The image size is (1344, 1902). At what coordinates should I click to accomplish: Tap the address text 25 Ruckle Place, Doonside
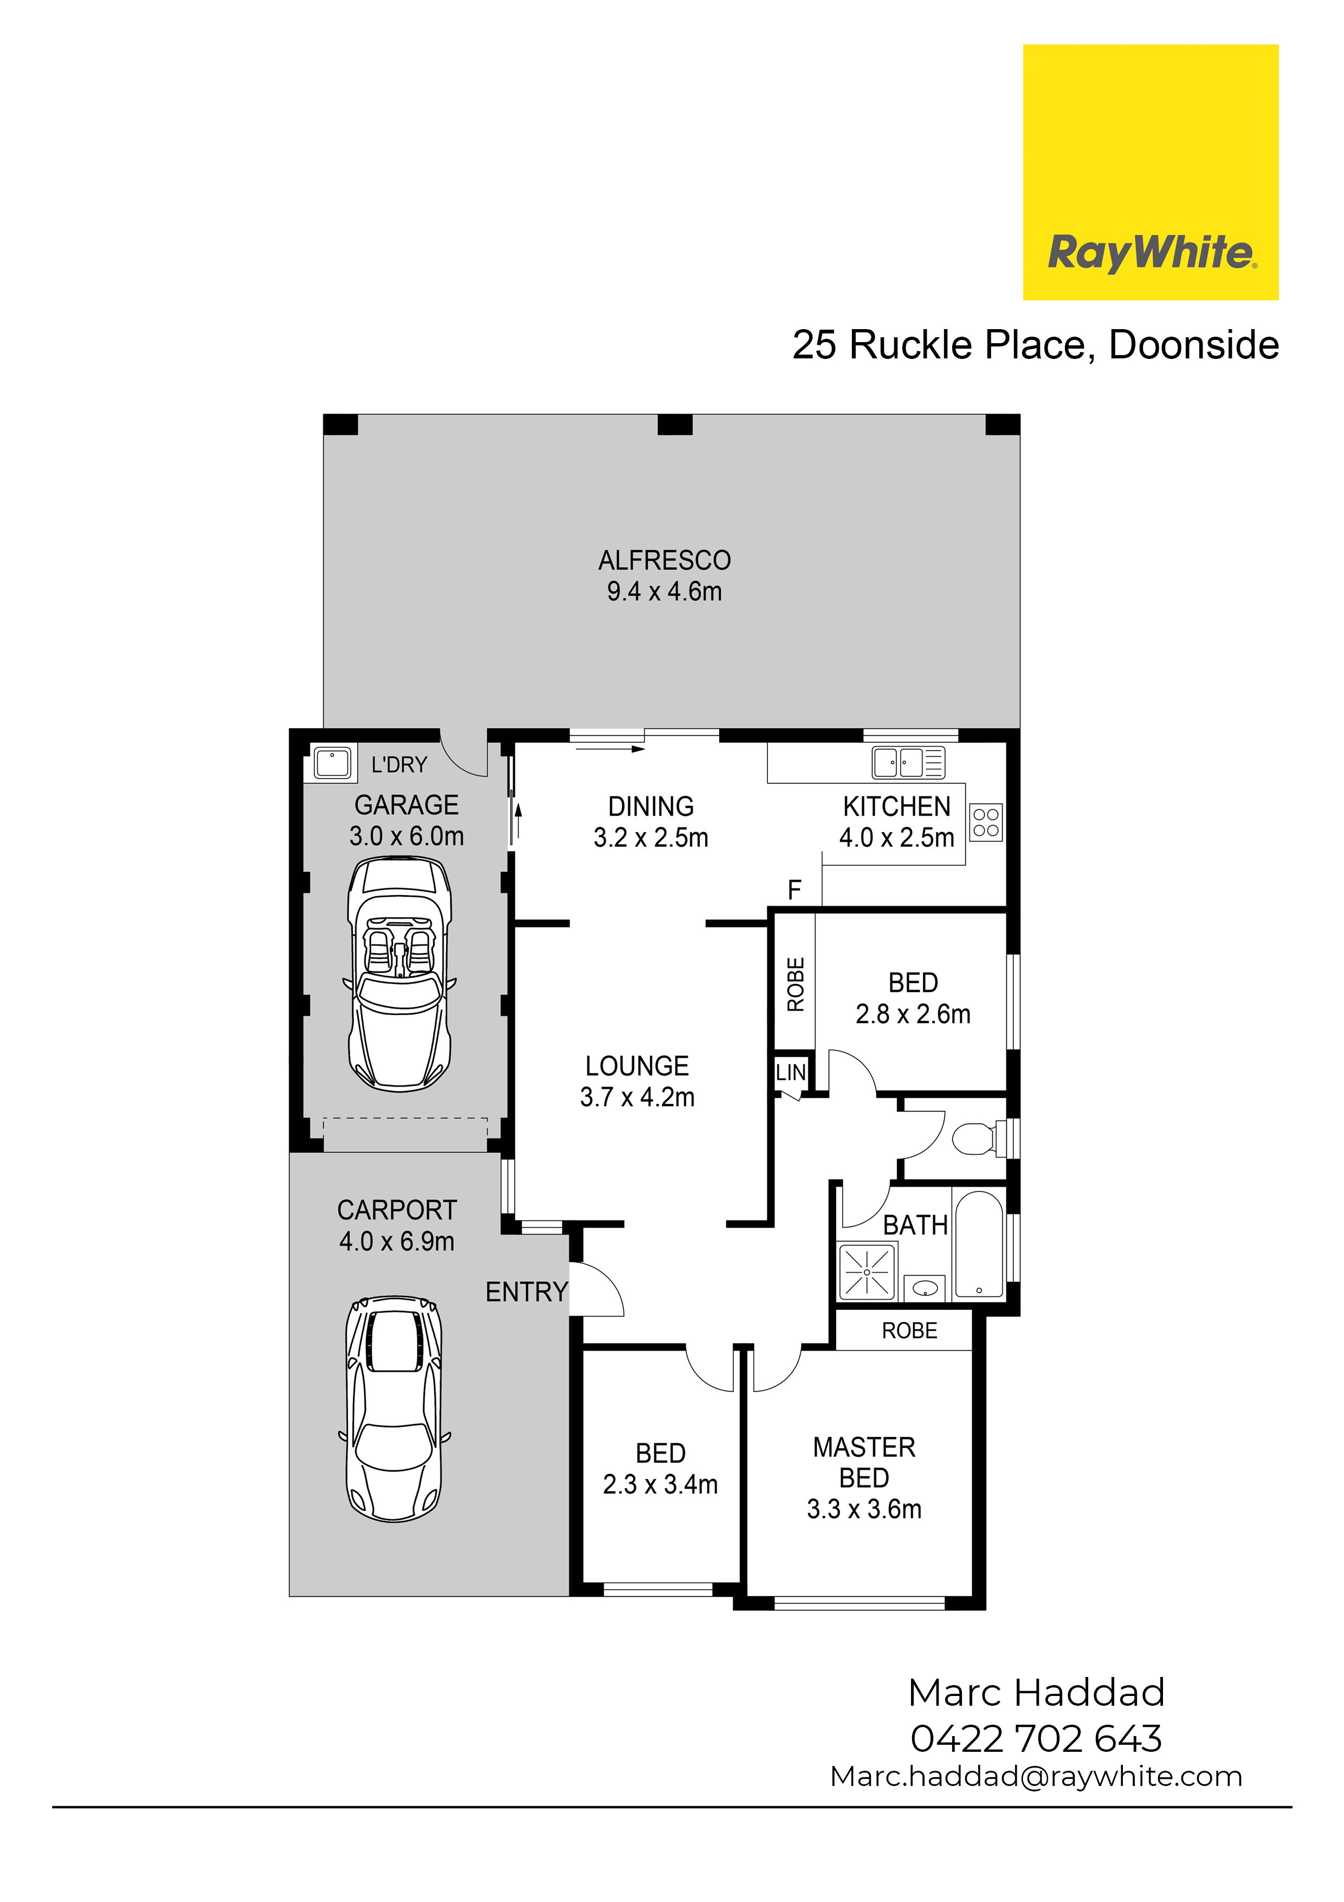[x=1035, y=345]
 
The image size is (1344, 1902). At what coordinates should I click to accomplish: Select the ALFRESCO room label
[x=664, y=561]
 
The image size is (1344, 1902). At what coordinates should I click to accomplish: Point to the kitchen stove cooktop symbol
[x=985, y=822]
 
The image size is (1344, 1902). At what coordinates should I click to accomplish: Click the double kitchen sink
[x=908, y=762]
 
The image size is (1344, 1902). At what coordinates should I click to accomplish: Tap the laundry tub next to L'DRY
[x=332, y=763]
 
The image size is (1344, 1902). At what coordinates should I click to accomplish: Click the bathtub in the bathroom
[x=979, y=1245]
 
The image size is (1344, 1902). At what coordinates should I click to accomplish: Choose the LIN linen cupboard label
[x=791, y=1073]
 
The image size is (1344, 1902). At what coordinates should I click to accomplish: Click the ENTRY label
[x=527, y=1291]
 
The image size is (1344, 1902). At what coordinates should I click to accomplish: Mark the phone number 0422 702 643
[x=1036, y=1739]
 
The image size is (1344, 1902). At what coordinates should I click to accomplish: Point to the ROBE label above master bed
[x=909, y=1331]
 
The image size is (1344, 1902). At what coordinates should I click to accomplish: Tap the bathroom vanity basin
[x=924, y=1287]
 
